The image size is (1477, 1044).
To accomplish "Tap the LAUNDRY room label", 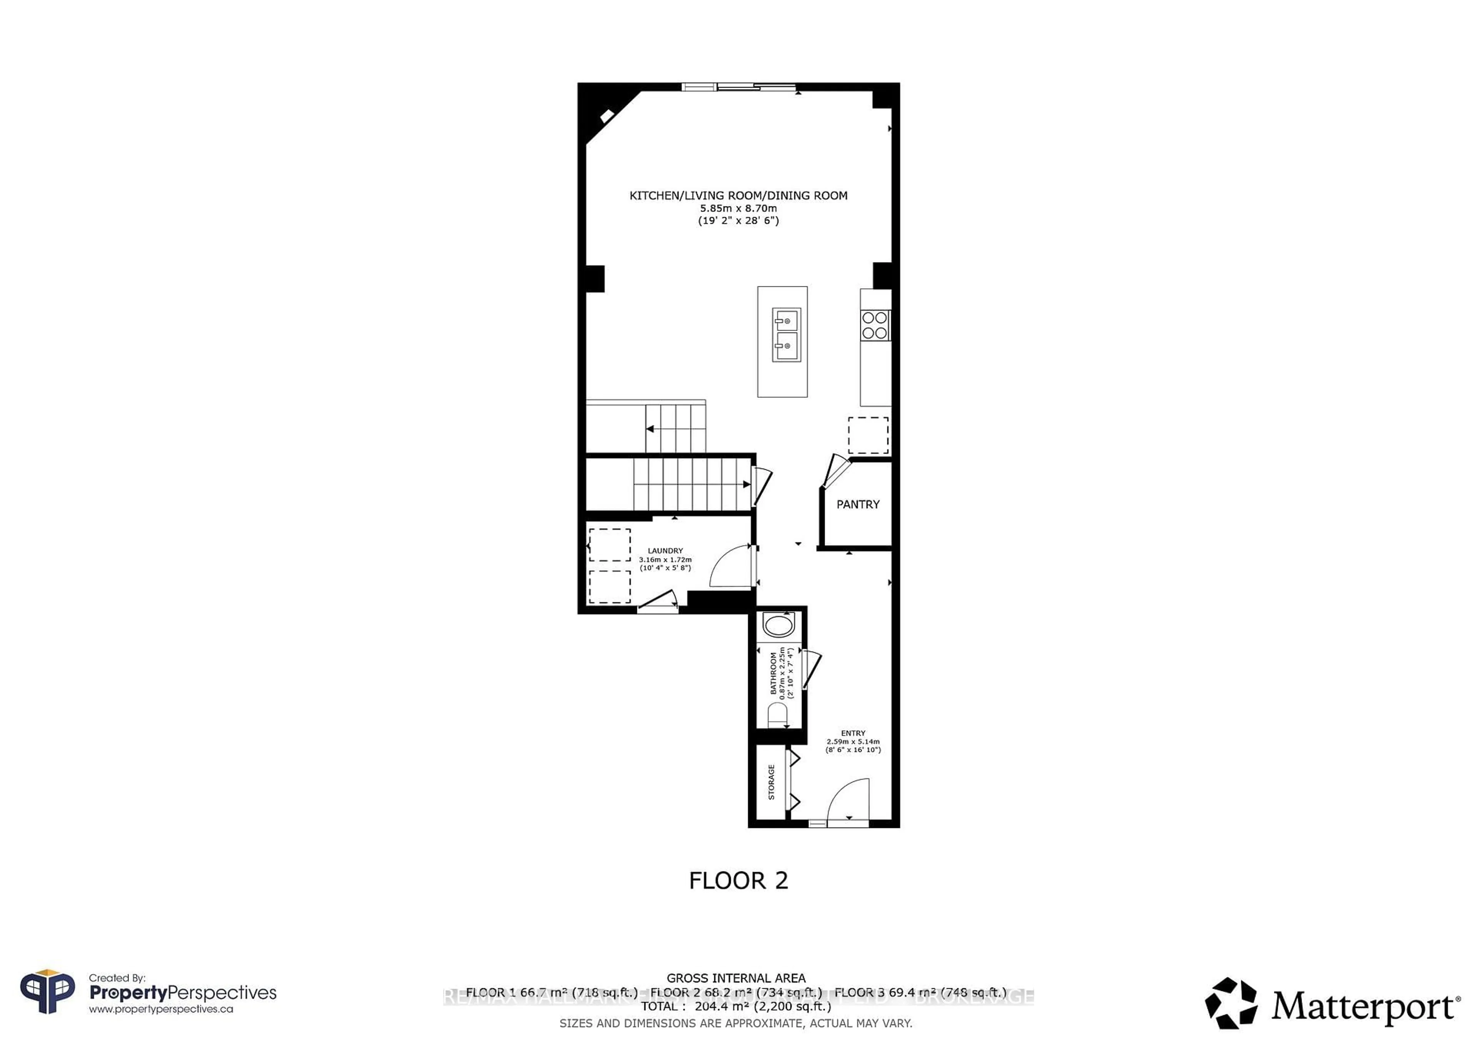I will pyautogui.click(x=665, y=551).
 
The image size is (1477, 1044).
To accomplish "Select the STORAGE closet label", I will pyautogui.click(x=771, y=782).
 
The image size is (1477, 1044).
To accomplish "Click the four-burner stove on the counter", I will pyautogui.click(x=875, y=325).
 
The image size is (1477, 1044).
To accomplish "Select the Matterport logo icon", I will pyautogui.click(x=1230, y=1003).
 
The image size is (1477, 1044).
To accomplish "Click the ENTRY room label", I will pyautogui.click(x=853, y=733).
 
